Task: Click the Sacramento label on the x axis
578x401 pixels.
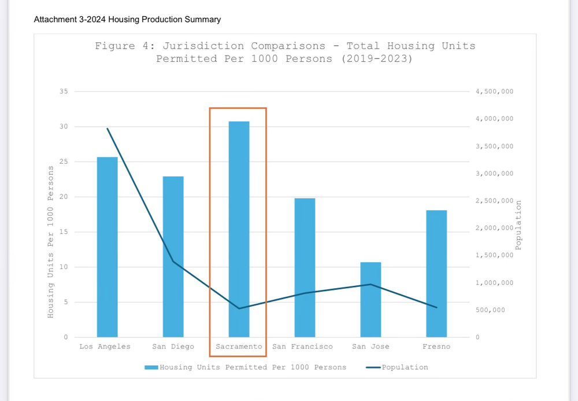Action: [x=239, y=347]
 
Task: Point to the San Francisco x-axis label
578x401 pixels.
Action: [x=303, y=347]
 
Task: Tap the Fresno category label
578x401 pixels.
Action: [x=436, y=347]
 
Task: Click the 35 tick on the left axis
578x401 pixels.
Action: [x=64, y=91]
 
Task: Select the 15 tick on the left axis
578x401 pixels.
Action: [x=64, y=232]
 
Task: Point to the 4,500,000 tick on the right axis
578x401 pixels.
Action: [x=494, y=91]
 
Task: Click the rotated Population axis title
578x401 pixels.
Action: [x=518, y=226]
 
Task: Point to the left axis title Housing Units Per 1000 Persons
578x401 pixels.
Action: [x=51, y=241]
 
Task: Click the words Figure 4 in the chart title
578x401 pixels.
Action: [x=115, y=46]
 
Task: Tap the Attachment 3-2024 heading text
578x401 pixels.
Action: [x=127, y=20]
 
